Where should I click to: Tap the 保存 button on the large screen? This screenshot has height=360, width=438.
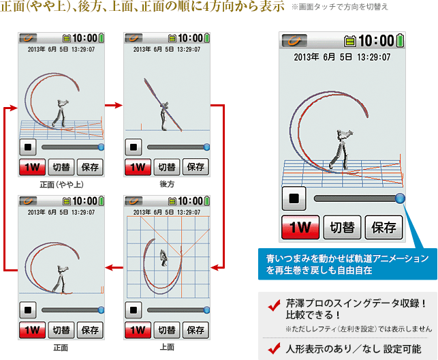[x=384, y=227]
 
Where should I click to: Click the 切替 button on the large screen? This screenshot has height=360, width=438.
[x=342, y=227]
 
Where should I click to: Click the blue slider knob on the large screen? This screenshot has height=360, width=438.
[x=400, y=198]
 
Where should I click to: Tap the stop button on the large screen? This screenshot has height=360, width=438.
[x=294, y=198]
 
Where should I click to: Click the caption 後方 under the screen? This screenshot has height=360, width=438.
[x=167, y=184]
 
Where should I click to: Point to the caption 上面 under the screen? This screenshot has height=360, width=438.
[x=167, y=347]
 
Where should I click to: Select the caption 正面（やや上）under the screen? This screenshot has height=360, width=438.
[x=61, y=185]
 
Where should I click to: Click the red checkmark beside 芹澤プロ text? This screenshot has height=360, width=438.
[x=274, y=305]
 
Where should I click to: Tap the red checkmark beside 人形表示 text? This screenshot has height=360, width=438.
[x=274, y=348]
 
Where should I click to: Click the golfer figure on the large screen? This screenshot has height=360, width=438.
[x=341, y=149]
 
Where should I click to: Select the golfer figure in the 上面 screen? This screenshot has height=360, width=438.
[x=163, y=258]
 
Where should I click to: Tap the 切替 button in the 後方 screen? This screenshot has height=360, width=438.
[x=167, y=167]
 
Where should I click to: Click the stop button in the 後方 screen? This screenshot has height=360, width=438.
[x=134, y=147]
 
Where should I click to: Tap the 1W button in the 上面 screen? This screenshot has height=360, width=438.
[x=138, y=330]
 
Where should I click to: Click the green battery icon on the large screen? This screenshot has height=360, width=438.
[x=401, y=41]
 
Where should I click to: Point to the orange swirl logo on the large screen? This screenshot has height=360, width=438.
[x=294, y=41]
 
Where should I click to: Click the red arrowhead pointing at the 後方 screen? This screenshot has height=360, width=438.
[x=119, y=106]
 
